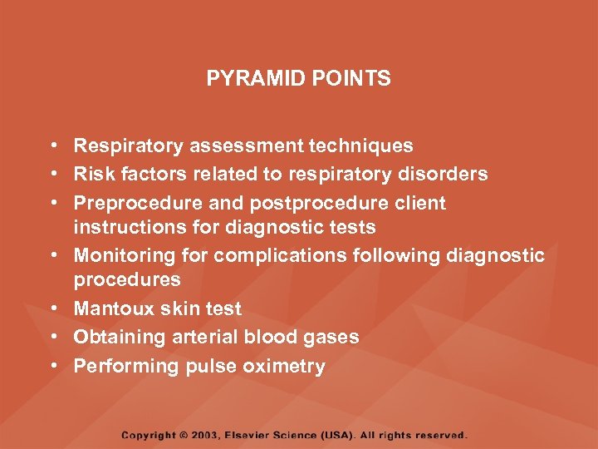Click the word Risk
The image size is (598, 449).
(x=91, y=175)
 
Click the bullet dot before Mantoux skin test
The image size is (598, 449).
(x=52, y=309)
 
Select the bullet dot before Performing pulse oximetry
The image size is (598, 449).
(x=52, y=366)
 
